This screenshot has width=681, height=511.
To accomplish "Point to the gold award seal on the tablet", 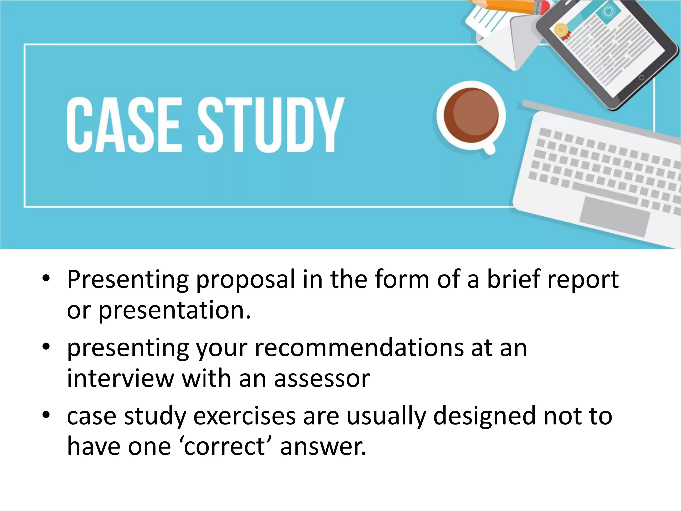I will click(x=561, y=29).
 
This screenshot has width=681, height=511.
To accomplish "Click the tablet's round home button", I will click(x=642, y=78).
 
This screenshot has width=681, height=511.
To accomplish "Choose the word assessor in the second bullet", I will click(x=322, y=379).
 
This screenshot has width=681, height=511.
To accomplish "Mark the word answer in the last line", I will click(x=323, y=447).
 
